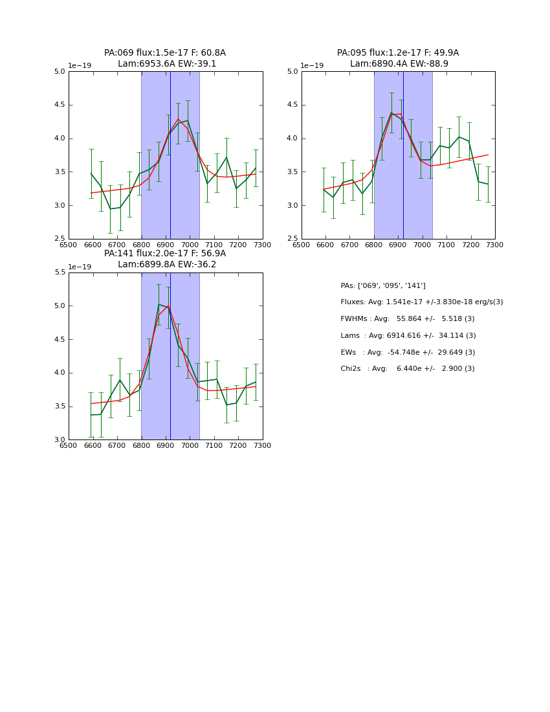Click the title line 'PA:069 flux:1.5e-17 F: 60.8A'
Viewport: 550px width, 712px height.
pos(165,53)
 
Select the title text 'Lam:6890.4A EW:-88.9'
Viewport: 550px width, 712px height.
pos(399,64)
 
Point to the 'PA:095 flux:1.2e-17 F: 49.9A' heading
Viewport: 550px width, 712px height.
pos(398,53)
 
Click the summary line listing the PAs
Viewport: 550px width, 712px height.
pos(383,285)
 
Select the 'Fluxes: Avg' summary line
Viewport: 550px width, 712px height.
pos(421,302)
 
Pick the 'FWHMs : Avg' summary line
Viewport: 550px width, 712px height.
pos(408,319)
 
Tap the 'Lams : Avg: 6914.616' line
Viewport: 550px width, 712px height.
pos(408,336)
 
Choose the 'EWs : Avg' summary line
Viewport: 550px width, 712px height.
pos(408,352)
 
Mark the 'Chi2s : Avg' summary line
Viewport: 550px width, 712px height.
pos(408,369)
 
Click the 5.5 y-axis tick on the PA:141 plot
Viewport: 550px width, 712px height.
pos(60,273)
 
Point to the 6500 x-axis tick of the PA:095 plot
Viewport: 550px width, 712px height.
pos(302,245)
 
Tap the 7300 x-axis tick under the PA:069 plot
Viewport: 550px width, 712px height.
pos(262,245)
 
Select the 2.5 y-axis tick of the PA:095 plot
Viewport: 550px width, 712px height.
pos(292,239)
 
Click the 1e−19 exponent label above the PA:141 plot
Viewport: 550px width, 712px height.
pos(81,267)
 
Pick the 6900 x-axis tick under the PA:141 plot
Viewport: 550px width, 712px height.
pos(166,445)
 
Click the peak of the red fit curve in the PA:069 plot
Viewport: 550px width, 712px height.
pos(179,119)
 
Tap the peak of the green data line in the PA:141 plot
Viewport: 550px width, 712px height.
pos(159,304)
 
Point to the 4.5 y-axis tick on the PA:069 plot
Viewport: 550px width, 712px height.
pos(60,105)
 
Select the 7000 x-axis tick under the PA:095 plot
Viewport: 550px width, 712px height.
pos(423,245)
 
